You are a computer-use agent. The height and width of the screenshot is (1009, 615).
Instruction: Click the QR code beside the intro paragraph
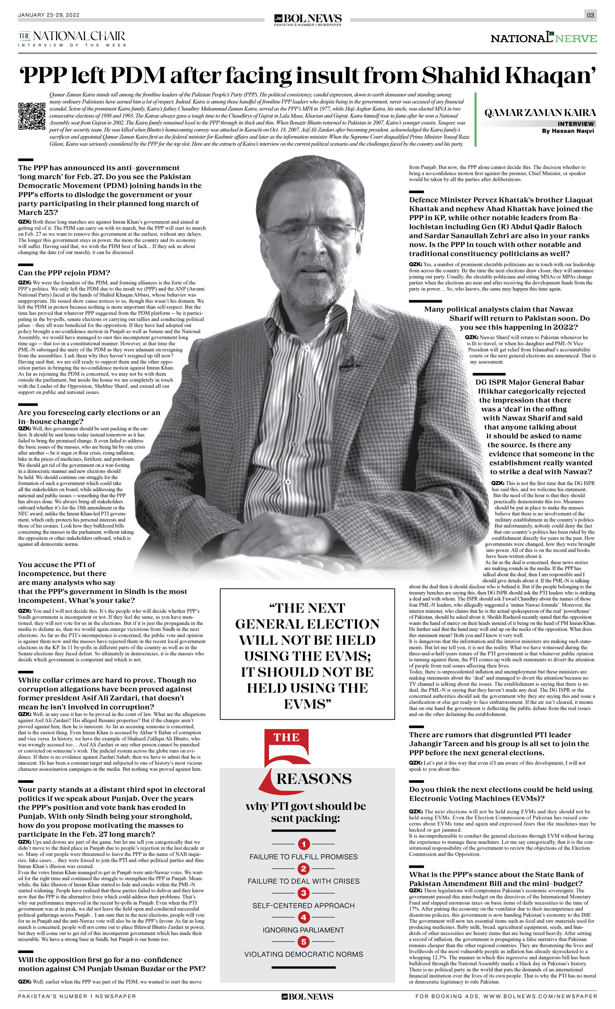click(32, 116)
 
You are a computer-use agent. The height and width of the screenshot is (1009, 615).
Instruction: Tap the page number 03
click(590, 15)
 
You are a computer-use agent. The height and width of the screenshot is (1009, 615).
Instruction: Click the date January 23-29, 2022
click(49, 15)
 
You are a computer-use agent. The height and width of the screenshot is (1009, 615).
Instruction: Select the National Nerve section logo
click(543, 38)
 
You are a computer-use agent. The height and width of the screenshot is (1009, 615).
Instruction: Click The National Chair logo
click(72, 38)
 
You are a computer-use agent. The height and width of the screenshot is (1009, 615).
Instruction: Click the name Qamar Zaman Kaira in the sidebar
click(540, 113)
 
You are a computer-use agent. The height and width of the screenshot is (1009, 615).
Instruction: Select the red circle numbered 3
click(304, 893)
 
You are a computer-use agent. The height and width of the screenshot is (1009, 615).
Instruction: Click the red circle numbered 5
click(304, 942)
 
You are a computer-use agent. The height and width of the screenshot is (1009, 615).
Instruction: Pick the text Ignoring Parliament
click(304, 930)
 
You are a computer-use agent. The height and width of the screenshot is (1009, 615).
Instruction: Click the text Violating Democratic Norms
click(304, 954)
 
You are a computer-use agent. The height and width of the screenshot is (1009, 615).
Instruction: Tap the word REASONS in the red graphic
click(314, 778)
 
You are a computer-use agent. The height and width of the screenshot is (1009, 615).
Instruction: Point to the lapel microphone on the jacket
click(349, 362)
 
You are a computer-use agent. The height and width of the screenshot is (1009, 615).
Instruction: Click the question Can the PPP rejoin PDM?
click(64, 273)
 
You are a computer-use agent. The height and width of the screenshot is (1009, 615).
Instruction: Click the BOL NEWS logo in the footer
click(307, 997)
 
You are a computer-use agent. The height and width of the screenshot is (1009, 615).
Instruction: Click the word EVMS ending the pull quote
click(307, 704)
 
